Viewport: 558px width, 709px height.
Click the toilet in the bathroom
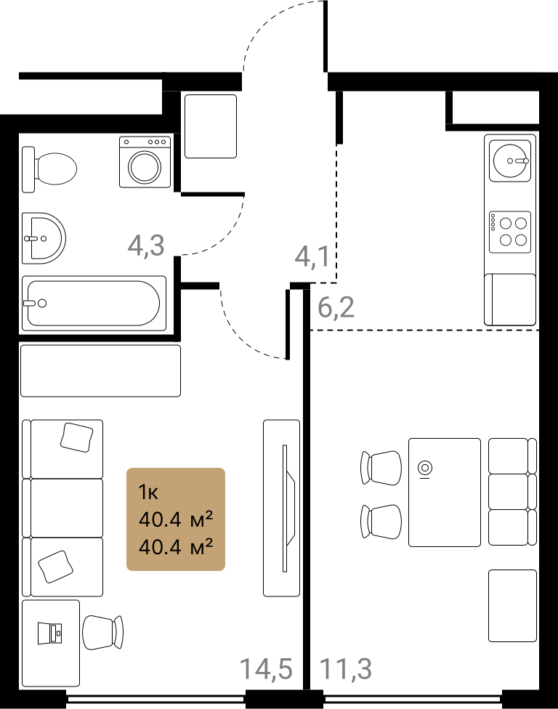(49, 169)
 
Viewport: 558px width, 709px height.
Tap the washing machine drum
(145, 167)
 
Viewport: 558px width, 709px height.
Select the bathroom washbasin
(44, 238)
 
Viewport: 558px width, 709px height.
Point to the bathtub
(94, 304)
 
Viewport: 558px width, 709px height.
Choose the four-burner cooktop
(510, 232)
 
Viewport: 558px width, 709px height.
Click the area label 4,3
(145, 246)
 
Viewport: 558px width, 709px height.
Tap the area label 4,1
(312, 257)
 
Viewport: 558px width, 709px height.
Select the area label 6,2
(336, 307)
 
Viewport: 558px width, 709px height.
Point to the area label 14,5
(266, 669)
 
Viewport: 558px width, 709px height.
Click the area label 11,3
(346, 669)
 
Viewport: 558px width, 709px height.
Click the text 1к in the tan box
(148, 492)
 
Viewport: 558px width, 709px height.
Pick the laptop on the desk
(49, 633)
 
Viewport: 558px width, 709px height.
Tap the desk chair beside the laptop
(102, 633)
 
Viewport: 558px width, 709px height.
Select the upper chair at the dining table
(381, 468)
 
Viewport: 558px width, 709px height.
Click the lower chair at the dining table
(381, 522)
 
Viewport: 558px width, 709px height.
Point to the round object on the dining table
(425, 468)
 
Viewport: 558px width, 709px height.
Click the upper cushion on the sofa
(76, 437)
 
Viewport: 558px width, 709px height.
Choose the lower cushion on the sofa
(56, 567)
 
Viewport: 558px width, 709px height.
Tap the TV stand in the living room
(282, 508)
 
